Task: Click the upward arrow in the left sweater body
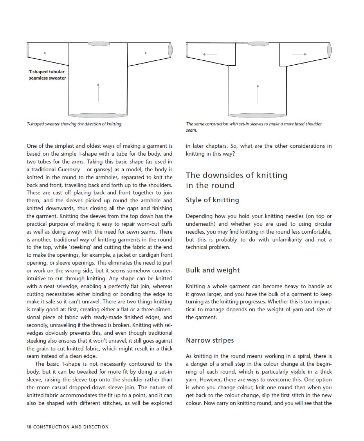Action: [98, 92]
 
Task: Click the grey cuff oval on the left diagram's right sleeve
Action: [170, 49]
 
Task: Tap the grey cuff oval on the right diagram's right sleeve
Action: [330, 49]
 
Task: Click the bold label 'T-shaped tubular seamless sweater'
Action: [47, 75]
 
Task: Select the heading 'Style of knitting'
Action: [212, 200]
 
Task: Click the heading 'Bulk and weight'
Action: [213, 270]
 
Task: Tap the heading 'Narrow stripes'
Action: [210, 340]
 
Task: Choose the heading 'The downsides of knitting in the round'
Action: [236, 180]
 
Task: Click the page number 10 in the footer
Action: [29, 426]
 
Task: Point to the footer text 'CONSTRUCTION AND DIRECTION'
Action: [71, 426]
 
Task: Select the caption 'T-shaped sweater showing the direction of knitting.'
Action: [74, 124]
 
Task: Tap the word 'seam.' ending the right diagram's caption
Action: [192, 130]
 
